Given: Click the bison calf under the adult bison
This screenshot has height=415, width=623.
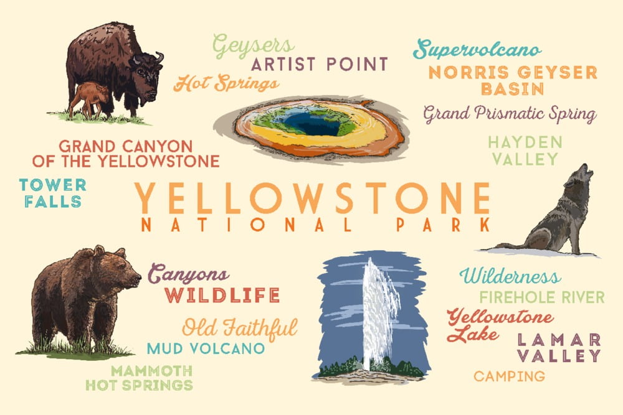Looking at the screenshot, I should pos(88,98).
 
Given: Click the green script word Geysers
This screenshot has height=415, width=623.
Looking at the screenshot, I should pos(253,45).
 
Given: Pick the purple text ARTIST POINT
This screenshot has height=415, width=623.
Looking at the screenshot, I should pos(319,64).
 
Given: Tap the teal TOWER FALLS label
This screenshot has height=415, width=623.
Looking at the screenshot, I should pos(52,193).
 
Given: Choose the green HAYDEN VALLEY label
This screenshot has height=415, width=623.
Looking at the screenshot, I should pos(525,151).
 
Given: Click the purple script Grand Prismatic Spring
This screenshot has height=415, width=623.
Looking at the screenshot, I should pos(510,114).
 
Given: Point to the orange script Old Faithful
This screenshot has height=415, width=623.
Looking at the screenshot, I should pos(240,327).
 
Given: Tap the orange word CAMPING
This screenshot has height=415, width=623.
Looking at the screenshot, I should pos(509,376).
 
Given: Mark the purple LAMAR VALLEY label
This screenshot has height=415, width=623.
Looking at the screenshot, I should pos(559,348).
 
